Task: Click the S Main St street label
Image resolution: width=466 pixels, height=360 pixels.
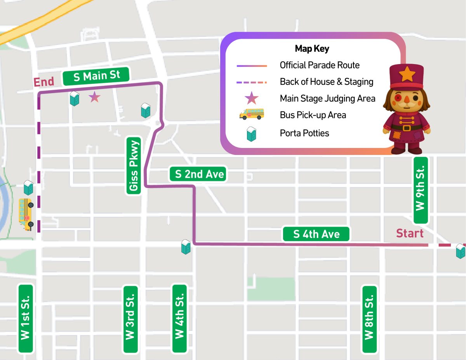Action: coord(96,76)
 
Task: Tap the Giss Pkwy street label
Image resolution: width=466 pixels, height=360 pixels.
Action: coord(133,166)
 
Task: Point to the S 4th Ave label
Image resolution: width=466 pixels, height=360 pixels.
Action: coord(316,234)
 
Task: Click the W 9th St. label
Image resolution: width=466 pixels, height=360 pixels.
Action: coord(421,190)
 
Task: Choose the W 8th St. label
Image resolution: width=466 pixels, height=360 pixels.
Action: coord(369,319)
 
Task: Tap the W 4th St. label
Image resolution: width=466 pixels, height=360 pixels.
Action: coord(179,318)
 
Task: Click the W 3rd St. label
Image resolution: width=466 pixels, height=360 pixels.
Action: coord(130,319)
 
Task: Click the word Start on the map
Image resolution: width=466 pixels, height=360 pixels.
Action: coord(409,233)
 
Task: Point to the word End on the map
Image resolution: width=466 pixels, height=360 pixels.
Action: coord(44,82)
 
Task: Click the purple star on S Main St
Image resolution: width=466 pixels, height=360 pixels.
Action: coord(94,97)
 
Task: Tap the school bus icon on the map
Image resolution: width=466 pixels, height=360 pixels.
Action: coord(26,214)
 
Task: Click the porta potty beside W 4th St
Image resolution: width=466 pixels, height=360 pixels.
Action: coord(186,247)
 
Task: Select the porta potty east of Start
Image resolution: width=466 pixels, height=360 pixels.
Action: coord(461,251)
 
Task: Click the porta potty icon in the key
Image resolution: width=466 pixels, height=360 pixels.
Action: coord(252,134)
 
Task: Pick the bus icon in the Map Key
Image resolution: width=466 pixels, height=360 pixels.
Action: coord(252,114)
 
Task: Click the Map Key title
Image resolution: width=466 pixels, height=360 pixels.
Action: coord(312,49)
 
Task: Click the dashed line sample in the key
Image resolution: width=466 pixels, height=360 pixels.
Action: coord(252,82)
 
